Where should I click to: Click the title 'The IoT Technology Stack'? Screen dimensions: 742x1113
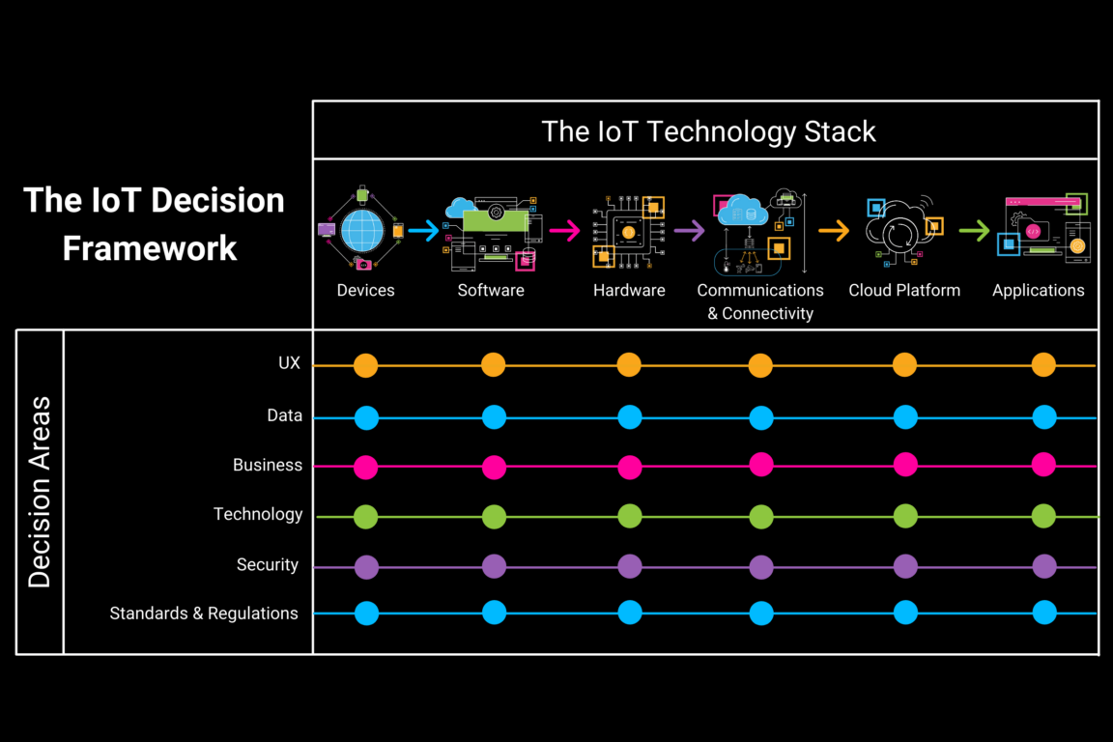pos(708,131)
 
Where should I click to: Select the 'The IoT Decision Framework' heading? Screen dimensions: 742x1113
pos(153,224)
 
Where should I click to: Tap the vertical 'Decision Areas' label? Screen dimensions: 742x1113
pos(40,491)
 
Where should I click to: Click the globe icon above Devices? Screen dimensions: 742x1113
pos(363,230)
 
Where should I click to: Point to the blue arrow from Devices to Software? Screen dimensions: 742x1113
pos(423,231)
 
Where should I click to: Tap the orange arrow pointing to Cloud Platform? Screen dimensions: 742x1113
pos(834,231)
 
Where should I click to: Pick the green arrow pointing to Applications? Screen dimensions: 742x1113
pos(974,231)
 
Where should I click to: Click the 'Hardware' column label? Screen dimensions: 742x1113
pos(629,290)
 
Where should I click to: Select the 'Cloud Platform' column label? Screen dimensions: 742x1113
pos(904,290)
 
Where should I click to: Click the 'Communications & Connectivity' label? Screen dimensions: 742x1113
pos(760,301)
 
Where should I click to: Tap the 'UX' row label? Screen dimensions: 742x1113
pos(289,363)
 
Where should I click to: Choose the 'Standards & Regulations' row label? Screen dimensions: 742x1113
pos(204,613)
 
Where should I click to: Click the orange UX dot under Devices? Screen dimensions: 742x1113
pos(365,365)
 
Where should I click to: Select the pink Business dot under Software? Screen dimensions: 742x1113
pos(494,468)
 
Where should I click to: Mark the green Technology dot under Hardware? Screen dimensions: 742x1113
pos(630,516)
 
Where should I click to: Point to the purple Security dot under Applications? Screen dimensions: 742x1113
pos(1044,566)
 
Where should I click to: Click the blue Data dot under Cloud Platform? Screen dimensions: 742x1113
pos(905,417)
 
